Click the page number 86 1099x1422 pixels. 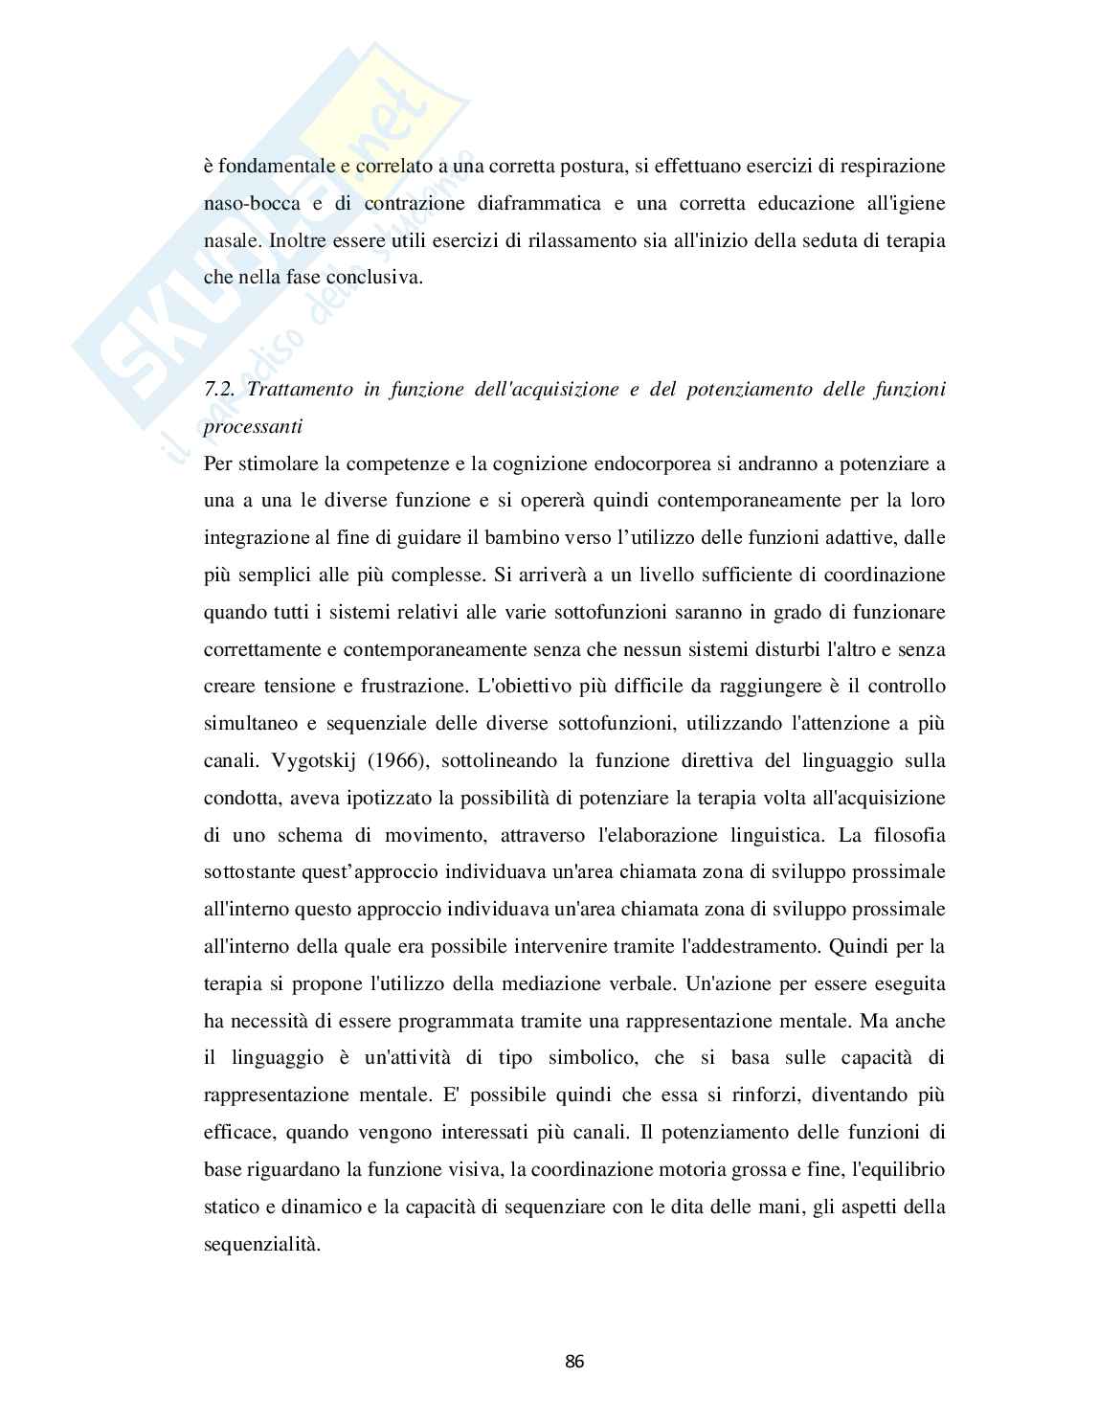tap(574, 1362)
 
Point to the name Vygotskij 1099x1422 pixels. tap(295, 761)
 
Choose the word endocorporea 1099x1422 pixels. tap(613, 464)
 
